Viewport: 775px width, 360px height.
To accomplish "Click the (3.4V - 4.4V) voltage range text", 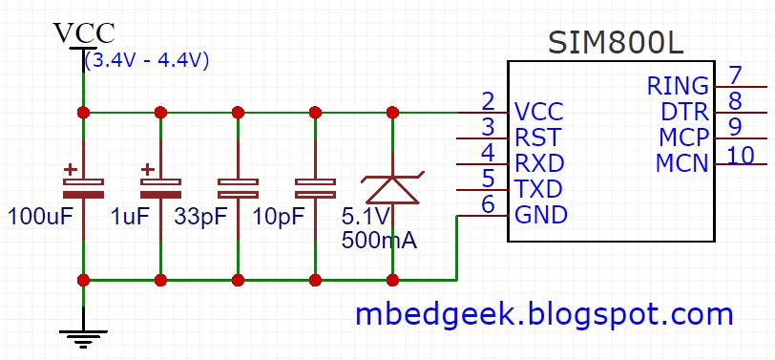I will [x=147, y=60].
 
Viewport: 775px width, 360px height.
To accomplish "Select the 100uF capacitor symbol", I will [x=84, y=184].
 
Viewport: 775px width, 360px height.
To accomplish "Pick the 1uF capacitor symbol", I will [x=160, y=184].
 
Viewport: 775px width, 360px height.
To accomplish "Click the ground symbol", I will [x=84, y=337].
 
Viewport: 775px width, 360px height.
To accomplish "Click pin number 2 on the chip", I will [x=488, y=100].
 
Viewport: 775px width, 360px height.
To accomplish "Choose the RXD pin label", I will [x=539, y=161].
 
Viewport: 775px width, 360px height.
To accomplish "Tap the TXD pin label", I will [x=539, y=187].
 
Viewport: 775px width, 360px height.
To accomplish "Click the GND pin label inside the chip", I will [x=541, y=214].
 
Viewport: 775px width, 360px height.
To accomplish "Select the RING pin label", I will [x=678, y=86].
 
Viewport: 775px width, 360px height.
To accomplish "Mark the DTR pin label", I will [x=684, y=112].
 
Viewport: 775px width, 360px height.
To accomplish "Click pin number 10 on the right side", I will [x=740, y=154].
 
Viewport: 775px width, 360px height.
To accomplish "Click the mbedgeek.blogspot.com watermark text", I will [x=544, y=313].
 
